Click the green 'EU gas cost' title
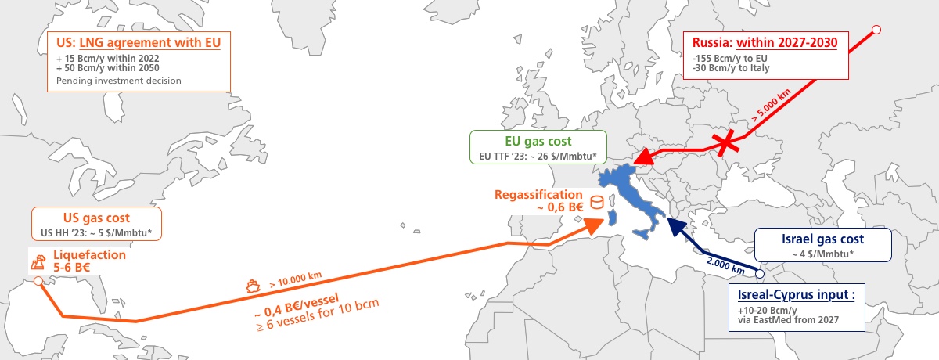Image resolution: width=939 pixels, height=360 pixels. (x=537, y=141)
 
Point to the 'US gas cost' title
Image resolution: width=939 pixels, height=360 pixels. (x=95, y=218)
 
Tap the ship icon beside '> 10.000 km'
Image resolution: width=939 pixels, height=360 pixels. (x=254, y=286)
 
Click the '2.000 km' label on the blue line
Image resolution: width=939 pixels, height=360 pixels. (x=720, y=260)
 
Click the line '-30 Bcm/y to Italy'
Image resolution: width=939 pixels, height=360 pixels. (x=731, y=68)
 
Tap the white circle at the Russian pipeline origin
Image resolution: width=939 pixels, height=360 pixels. (x=876, y=30)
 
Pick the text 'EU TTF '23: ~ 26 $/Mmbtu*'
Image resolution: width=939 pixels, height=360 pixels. (x=538, y=156)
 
